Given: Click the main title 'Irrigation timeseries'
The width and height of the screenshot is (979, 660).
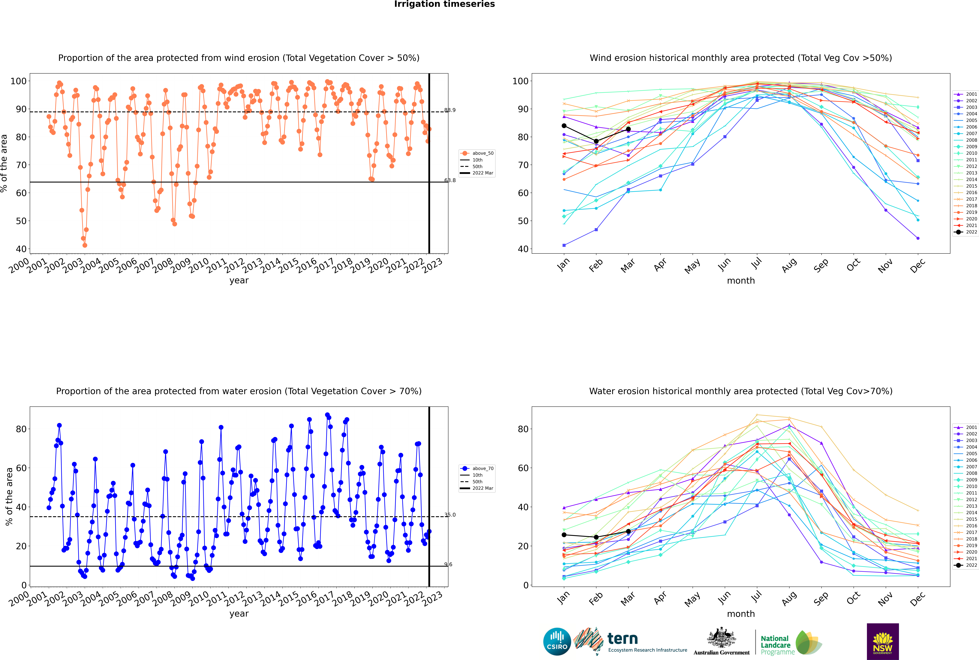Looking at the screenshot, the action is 444,4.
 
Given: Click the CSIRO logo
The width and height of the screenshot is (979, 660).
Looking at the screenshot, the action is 557,642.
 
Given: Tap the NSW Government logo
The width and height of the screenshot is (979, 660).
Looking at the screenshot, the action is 883,642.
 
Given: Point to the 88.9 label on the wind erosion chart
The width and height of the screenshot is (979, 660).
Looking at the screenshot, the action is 450,110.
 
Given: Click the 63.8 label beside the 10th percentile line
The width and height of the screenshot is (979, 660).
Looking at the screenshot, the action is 450,181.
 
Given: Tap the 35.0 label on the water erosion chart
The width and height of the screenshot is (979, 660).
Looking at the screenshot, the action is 450,515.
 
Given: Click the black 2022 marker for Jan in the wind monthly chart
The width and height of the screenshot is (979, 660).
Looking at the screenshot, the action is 564,126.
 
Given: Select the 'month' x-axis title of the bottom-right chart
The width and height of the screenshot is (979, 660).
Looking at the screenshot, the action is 741,614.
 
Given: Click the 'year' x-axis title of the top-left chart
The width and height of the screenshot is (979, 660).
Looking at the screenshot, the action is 239,281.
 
